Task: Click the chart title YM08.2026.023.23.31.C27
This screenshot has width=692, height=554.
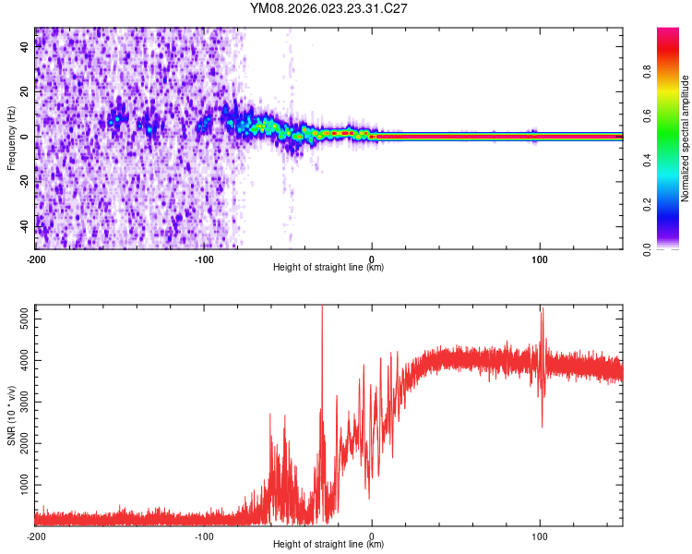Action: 328,9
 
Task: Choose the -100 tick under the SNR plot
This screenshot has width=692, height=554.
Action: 204,536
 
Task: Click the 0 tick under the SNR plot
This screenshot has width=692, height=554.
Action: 372,536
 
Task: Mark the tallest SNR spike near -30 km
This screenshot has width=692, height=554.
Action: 322,310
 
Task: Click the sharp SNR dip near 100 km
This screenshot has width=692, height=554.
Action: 542,426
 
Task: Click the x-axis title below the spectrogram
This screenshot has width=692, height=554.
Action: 328,268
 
